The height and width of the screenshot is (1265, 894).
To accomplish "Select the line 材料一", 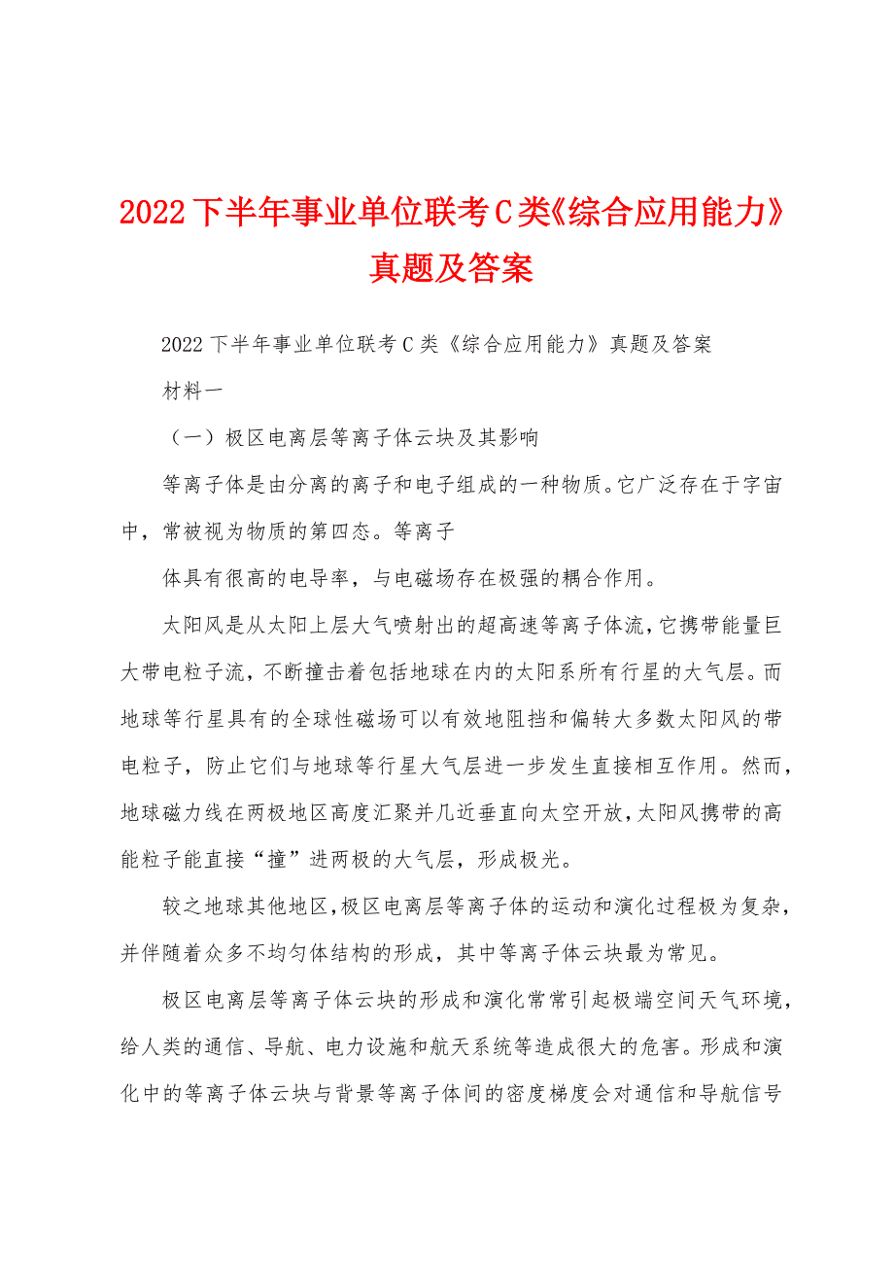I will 192,392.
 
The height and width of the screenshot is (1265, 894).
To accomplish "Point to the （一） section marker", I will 189,438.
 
